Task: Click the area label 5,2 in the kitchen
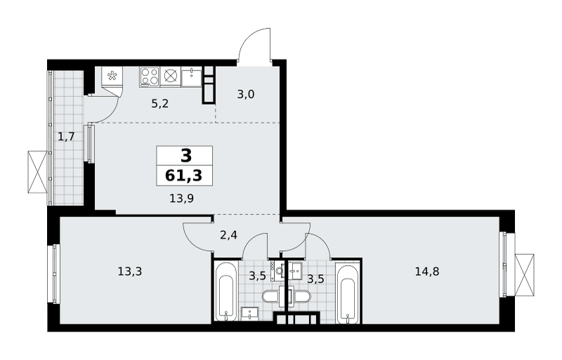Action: pyautogui.click(x=160, y=104)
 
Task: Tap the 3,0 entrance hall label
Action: pyautogui.click(x=245, y=95)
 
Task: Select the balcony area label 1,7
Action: pyautogui.click(x=66, y=136)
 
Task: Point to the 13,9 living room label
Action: pyautogui.click(x=182, y=198)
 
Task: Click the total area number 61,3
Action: pyautogui.click(x=183, y=176)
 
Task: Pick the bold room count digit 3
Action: pyautogui.click(x=186, y=156)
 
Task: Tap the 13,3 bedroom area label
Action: pyautogui.click(x=130, y=272)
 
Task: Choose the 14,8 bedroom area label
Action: pyautogui.click(x=427, y=272)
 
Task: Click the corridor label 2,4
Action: pyautogui.click(x=229, y=236)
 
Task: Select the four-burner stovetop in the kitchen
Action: pyautogui.click(x=150, y=77)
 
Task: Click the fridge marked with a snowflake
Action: pyautogui.click(x=112, y=77)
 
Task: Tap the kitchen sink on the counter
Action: pyautogui.click(x=192, y=77)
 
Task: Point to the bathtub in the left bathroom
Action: pyautogui.click(x=226, y=292)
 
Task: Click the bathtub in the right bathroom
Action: pyautogui.click(x=348, y=292)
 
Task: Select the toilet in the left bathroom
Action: pyautogui.click(x=273, y=297)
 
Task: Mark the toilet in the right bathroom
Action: pyautogui.click(x=301, y=297)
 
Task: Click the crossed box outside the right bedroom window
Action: pyautogui.click(x=524, y=275)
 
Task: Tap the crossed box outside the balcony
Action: pyautogui.click(x=38, y=172)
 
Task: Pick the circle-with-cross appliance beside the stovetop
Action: pyautogui.click(x=170, y=77)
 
